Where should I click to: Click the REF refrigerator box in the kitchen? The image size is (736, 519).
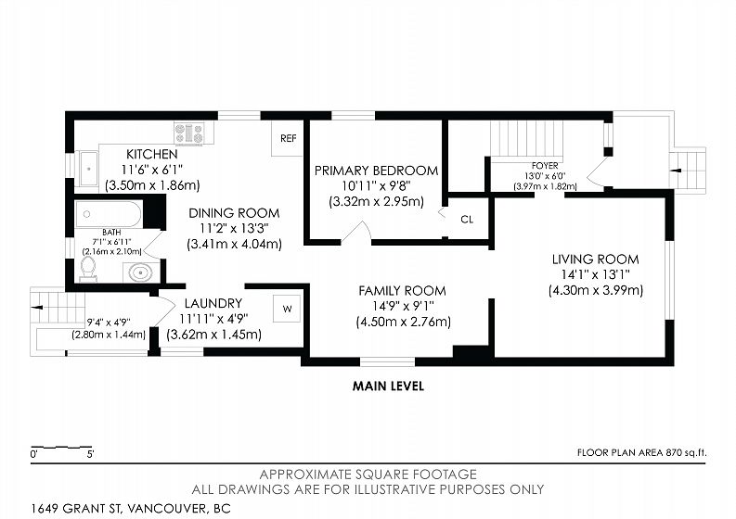(288, 138)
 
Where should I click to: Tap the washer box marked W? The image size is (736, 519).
(287, 309)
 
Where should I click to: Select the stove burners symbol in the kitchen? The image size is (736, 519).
(189, 133)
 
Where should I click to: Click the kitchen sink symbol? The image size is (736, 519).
(88, 169)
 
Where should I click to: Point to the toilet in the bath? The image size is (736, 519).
(88, 269)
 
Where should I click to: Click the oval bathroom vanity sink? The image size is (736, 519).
(140, 272)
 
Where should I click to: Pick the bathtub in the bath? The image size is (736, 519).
(109, 214)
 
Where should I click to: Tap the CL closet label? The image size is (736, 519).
(467, 220)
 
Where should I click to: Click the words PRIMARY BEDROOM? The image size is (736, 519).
(376, 171)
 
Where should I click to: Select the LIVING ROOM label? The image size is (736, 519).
(595, 259)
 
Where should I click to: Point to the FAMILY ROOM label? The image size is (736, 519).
(402, 291)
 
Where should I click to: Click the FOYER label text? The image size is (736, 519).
(545, 166)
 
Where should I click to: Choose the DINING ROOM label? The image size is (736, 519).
(234, 213)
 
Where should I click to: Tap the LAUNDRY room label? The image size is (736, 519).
(213, 303)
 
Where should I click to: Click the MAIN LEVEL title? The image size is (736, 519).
(388, 386)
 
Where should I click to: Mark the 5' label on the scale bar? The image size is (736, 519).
(91, 454)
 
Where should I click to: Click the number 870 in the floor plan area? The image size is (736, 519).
(673, 453)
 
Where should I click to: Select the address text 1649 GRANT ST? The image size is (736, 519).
(76, 508)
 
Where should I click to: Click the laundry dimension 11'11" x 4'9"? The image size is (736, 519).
(213, 319)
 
